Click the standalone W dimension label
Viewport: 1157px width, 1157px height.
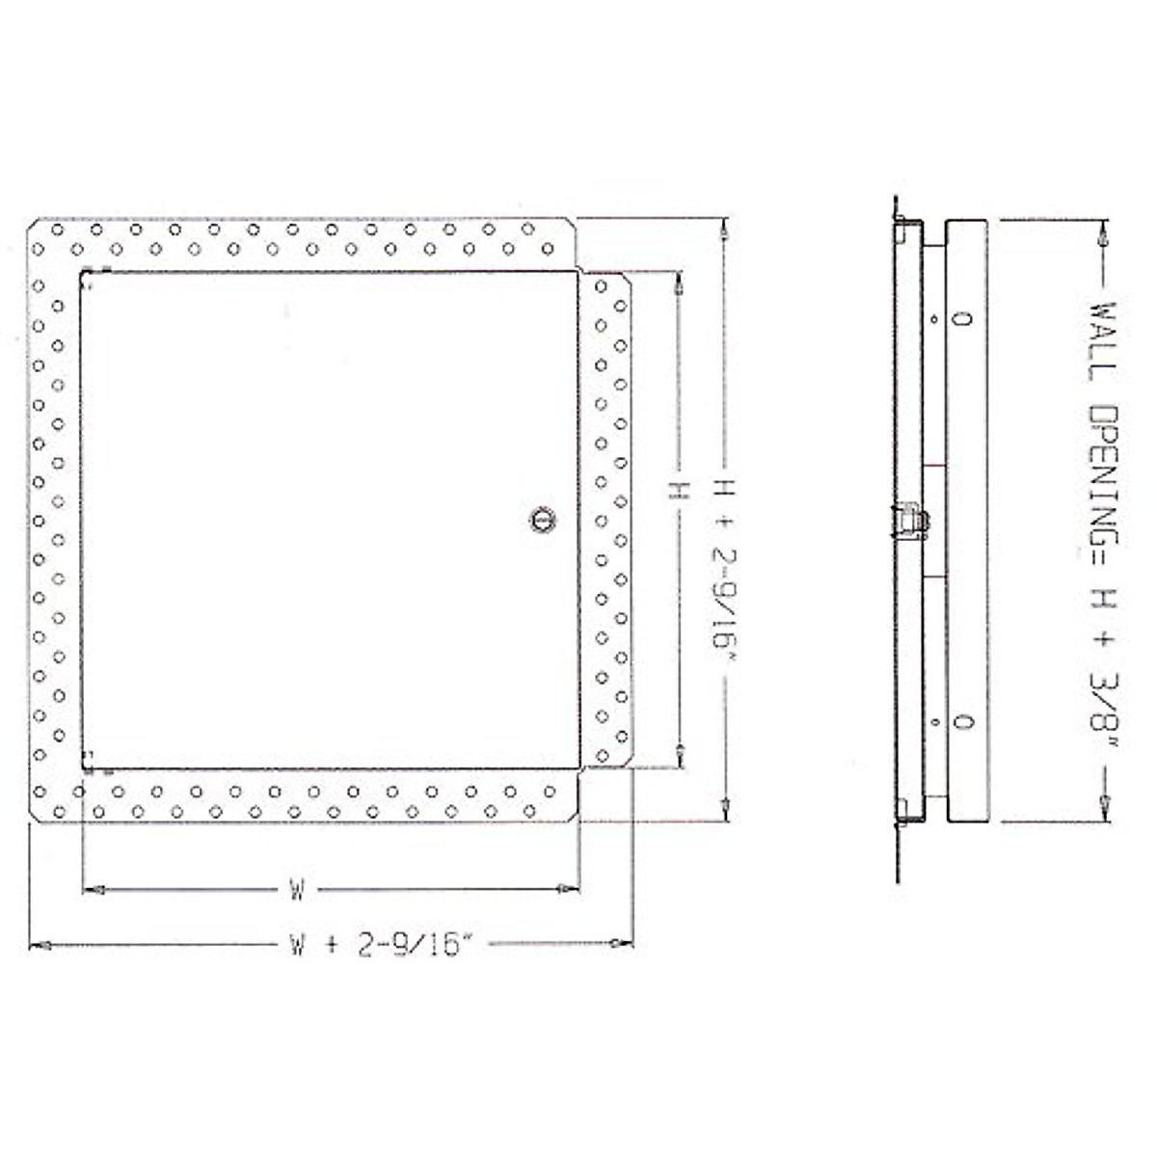pos(297,889)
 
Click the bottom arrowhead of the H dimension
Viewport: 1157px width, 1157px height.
pos(682,759)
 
